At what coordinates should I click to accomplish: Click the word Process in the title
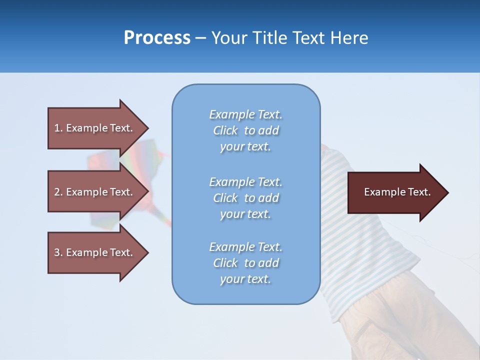(157, 38)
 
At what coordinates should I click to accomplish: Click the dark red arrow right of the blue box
(395, 192)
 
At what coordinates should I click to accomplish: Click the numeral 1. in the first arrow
(58, 128)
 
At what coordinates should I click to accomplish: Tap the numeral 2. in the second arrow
(58, 192)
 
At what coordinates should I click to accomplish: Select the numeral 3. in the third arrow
(58, 252)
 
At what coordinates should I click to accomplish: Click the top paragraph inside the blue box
(245, 130)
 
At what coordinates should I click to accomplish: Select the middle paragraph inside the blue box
(245, 198)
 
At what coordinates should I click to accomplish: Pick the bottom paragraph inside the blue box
(245, 263)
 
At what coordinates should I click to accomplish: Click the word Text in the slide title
(307, 38)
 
